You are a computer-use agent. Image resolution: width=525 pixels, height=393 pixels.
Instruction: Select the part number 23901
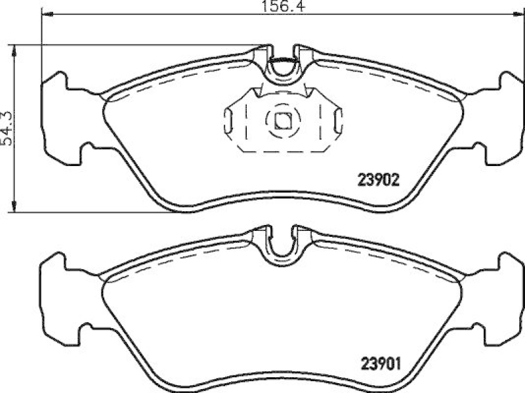[378, 362]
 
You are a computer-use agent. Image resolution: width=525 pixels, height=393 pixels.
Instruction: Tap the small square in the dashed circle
[283, 120]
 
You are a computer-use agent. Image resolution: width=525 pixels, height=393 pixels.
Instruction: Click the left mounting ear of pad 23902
[62, 118]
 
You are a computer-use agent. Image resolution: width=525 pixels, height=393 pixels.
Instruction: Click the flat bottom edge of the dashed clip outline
[283, 152]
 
